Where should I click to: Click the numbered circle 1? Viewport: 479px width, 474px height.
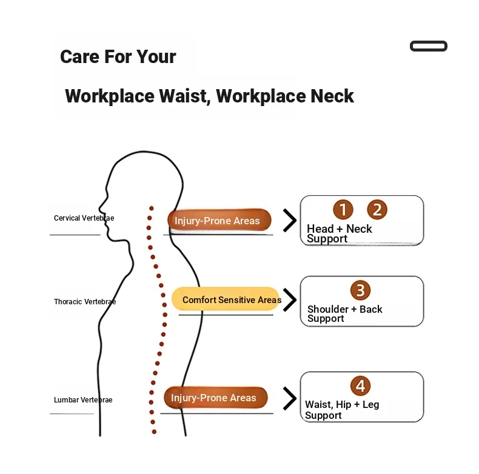point(343,210)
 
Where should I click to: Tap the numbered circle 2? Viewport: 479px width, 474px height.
point(377,210)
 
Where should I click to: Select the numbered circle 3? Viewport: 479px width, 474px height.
point(361,290)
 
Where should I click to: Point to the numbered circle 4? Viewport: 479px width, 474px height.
point(361,386)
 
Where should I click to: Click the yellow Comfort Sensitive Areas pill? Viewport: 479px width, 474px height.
point(226,299)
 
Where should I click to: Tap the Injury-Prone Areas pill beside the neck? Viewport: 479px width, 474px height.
point(219,220)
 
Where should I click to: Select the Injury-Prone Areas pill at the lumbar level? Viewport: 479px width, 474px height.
point(216,398)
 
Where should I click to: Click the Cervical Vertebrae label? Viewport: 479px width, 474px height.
point(84,218)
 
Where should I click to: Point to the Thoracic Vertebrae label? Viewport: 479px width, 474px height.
point(85,302)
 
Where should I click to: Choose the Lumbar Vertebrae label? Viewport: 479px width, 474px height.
point(83,400)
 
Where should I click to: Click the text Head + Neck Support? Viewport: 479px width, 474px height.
point(339,233)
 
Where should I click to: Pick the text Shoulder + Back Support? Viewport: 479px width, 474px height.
point(344,313)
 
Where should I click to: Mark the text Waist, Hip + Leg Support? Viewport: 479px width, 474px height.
point(342,410)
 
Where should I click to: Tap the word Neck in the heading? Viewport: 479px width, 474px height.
point(332,96)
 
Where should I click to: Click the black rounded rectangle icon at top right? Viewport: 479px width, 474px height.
point(429,46)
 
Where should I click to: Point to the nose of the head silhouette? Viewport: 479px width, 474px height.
point(100,208)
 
